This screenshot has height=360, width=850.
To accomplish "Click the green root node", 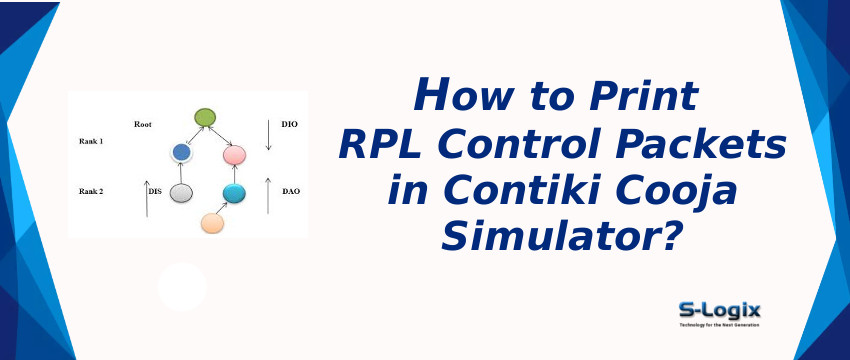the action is pyautogui.click(x=206, y=118).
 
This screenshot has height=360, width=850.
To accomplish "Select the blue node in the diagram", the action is pyautogui.click(x=181, y=152).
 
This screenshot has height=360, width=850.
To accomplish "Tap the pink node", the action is pyautogui.click(x=235, y=155).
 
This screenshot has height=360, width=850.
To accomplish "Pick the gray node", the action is pyautogui.click(x=181, y=192).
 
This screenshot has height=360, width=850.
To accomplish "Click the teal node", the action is pyautogui.click(x=234, y=193).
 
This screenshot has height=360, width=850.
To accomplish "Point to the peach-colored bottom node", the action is pyautogui.click(x=212, y=223).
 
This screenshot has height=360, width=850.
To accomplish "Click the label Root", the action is pyautogui.click(x=143, y=124).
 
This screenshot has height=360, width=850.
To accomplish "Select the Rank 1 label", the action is pyautogui.click(x=92, y=142).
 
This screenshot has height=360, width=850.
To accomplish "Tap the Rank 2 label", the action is pyautogui.click(x=92, y=189).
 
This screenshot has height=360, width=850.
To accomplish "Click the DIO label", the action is pyautogui.click(x=291, y=124).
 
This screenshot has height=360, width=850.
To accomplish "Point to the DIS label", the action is pyautogui.click(x=155, y=189).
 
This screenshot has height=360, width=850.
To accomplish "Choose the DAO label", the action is pyautogui.click(x=291, y=189).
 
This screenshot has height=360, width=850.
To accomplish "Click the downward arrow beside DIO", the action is pyautogui.click(x=268, y=134).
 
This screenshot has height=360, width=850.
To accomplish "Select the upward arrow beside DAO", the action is pyautogui.click(x=268, y=196).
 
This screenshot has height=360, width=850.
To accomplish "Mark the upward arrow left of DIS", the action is pyautogui.click(x=146, y=198).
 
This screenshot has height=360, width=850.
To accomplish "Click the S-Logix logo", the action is pyautogui.click(x=719, y=314).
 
